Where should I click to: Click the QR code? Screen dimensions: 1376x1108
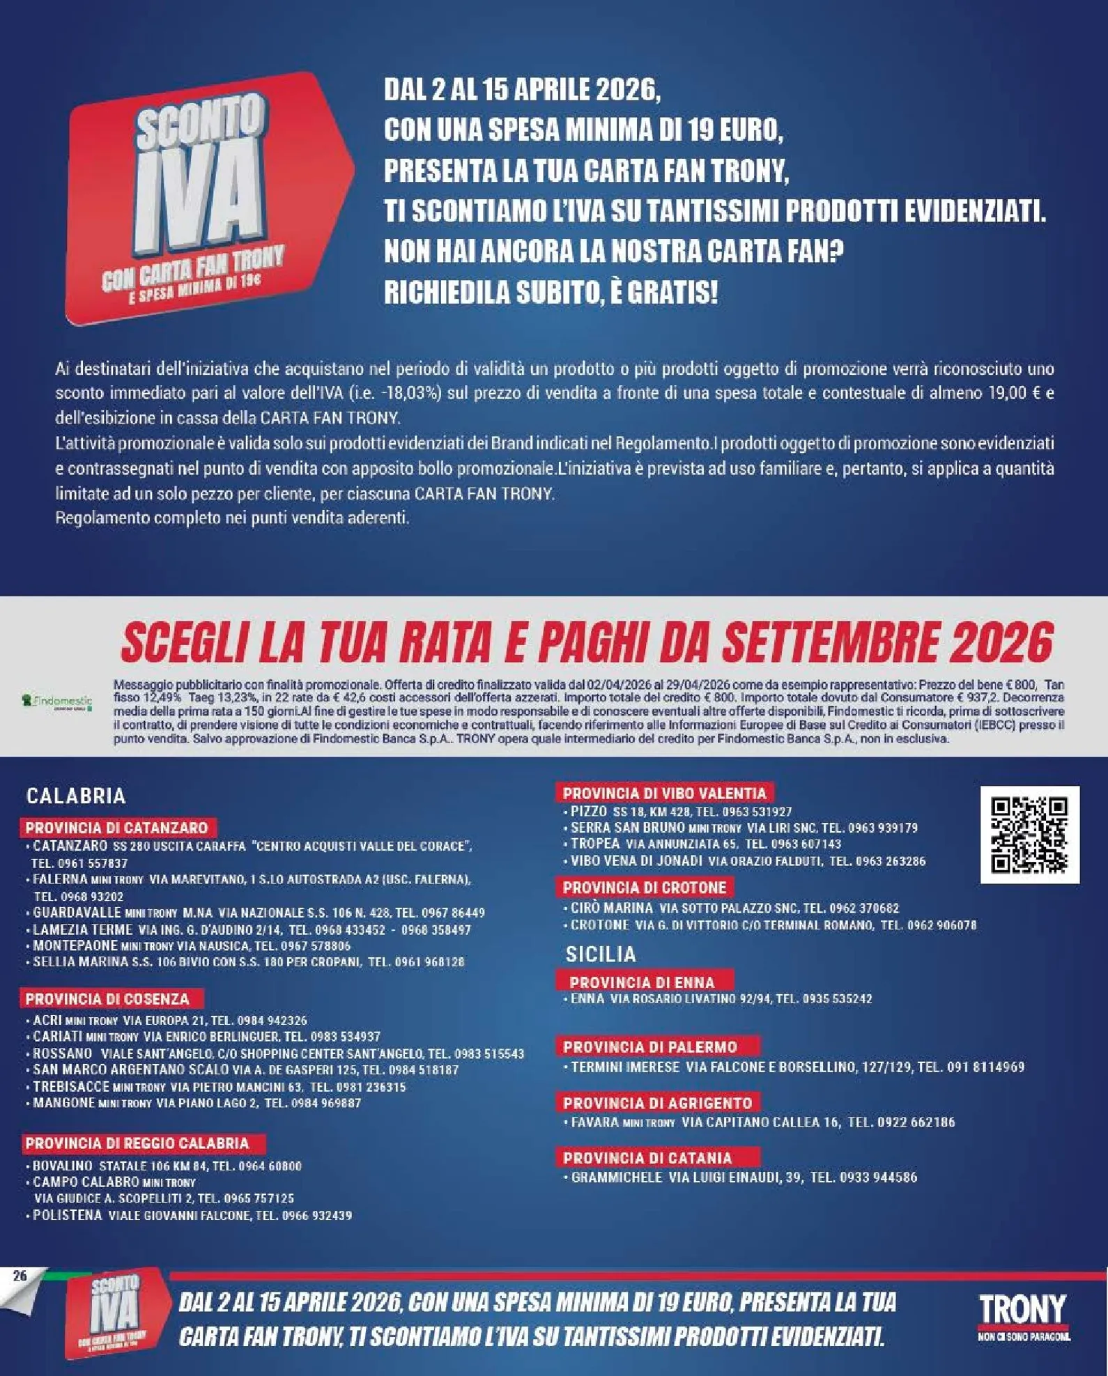1029,835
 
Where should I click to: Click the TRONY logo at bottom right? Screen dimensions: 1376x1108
1022,1315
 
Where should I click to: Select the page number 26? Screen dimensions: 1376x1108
20,1276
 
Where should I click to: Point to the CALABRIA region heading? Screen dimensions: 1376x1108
76,796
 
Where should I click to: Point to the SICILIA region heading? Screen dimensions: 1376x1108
601,954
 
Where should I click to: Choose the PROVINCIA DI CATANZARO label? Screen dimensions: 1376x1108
117,828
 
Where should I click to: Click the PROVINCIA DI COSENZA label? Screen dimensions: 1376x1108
107,998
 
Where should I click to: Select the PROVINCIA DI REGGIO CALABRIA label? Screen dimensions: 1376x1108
137,1143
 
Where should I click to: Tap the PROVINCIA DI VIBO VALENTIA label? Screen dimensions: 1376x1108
664,793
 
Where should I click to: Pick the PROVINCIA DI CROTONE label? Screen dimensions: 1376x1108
645,888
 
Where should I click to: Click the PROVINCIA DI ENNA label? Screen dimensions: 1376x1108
642,982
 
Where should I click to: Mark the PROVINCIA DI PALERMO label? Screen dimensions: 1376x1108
650,1046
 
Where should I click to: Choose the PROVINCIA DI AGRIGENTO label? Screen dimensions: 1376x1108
658,1103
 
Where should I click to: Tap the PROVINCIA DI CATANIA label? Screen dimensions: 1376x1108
647,1158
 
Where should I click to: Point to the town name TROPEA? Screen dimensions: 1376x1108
595,844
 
